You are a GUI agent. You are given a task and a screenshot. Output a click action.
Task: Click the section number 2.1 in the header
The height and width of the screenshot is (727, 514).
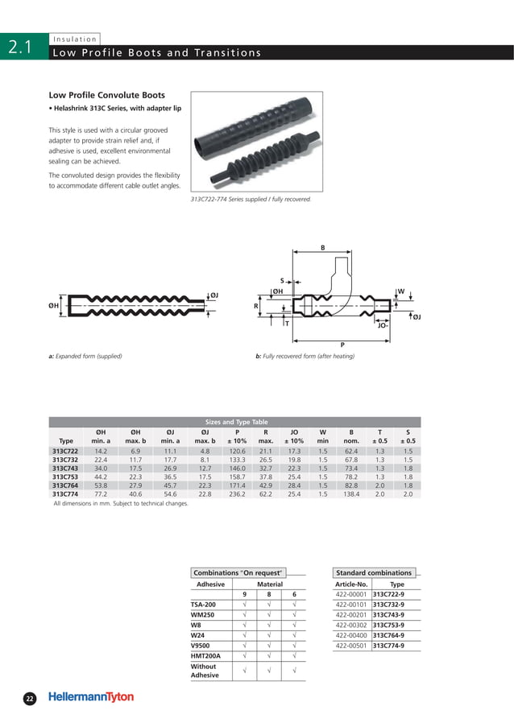click(x=19, y=48)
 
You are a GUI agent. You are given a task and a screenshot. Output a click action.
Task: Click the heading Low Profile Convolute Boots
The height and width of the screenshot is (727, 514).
click(x=107, y=94)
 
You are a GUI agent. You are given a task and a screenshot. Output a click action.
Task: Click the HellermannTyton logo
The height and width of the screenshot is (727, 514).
click(x=91, y=698)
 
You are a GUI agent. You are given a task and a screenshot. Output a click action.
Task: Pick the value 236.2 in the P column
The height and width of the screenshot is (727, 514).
click(x=237, y=495)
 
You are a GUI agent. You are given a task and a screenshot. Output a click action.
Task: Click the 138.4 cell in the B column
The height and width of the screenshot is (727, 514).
click(x=351, y=495)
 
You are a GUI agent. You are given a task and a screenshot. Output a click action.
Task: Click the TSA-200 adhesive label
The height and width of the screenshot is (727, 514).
click(x=203, y=604)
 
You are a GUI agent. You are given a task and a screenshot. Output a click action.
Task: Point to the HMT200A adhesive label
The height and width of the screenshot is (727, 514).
click(x=205, y=656)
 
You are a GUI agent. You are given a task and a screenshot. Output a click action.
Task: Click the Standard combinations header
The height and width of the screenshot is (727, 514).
click(x=373, y=572)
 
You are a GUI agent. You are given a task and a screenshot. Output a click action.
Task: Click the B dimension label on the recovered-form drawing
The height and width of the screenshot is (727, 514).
click(x=323, y=249)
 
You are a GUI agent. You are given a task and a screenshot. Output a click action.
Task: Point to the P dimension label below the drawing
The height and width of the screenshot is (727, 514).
click(x=342, y=345)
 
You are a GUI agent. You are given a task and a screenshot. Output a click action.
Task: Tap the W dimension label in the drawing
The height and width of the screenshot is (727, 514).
click(x=400, y=291)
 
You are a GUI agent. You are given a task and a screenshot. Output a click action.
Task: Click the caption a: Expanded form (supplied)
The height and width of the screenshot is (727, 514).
click(x=85, y=356)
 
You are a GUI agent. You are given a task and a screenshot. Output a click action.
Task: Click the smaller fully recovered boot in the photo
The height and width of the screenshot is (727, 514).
click(x=256, y=166)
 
